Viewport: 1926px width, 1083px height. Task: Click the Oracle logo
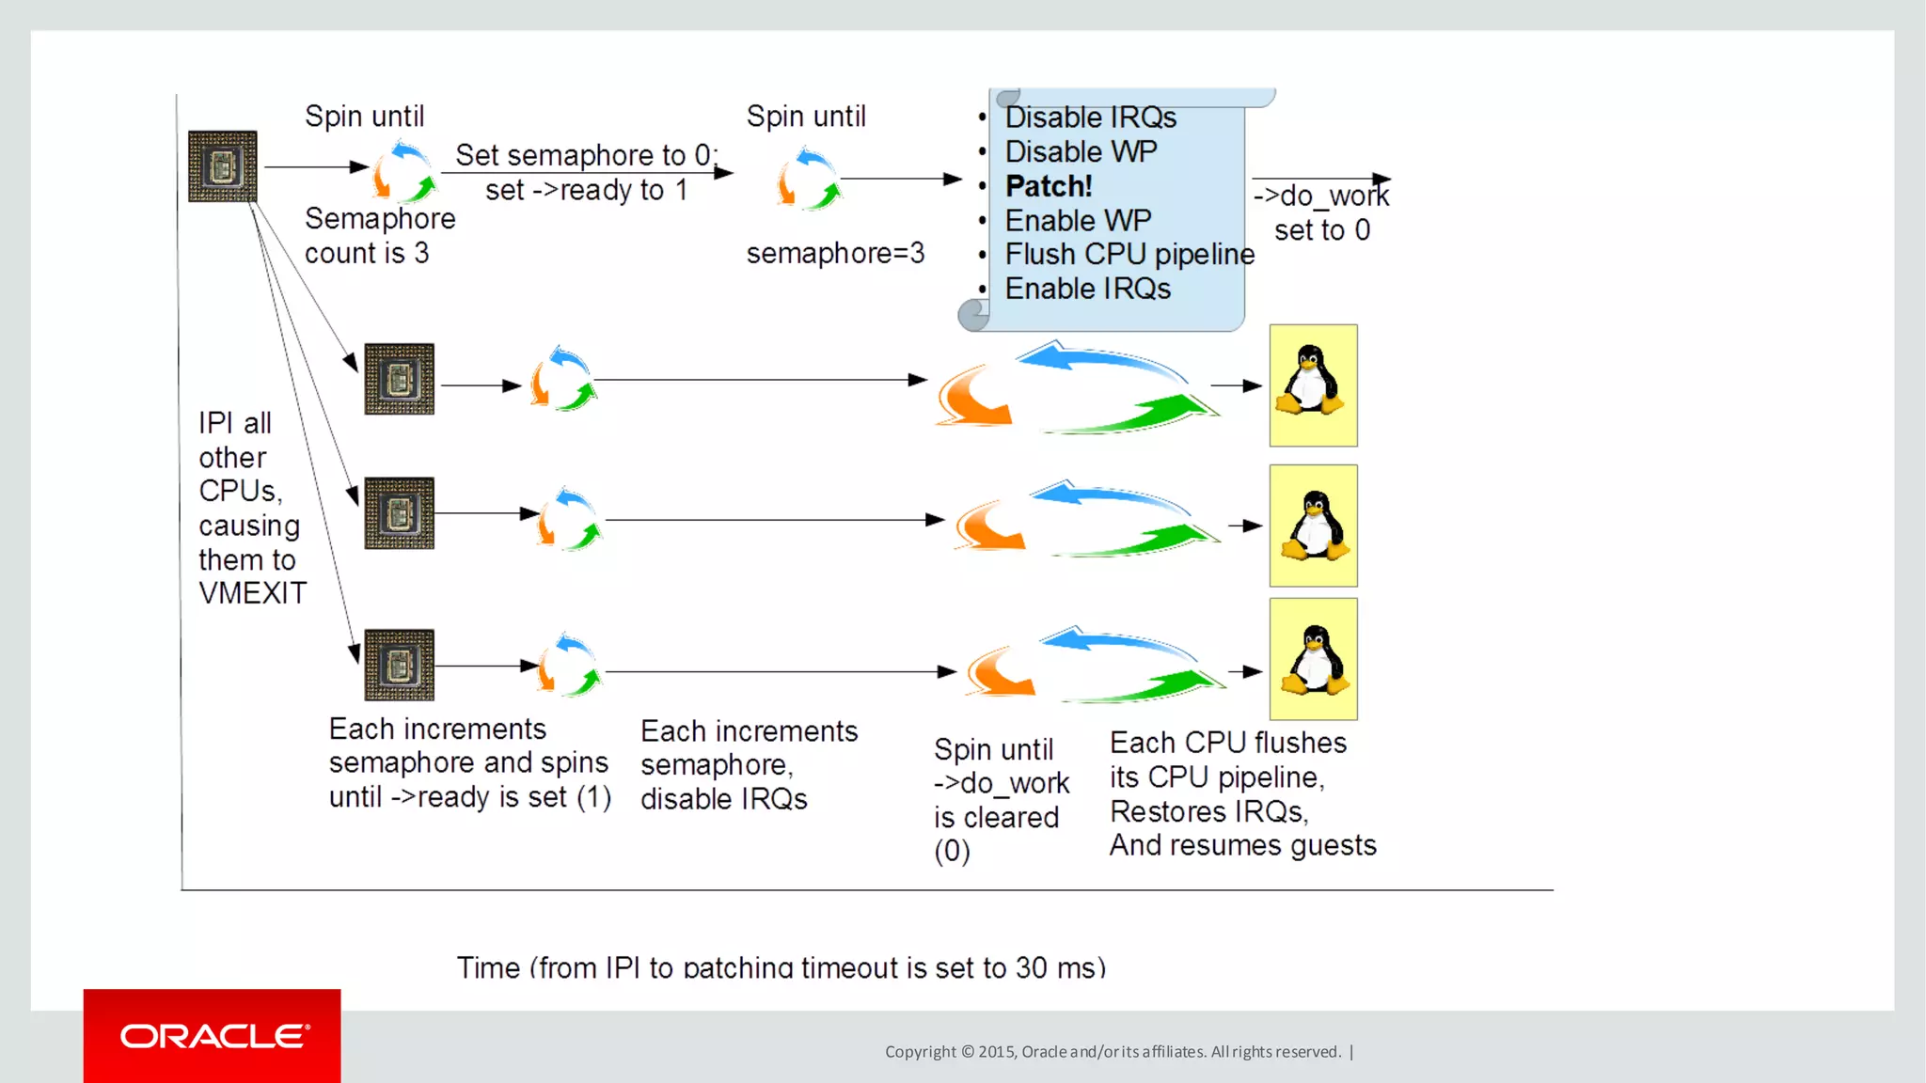[x=213, y=1035]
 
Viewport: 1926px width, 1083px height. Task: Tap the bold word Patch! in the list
[x=1049, y=186]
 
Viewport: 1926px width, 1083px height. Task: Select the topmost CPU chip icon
[x=222, y=166]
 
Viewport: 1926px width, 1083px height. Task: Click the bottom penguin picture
[x=1313, y=659]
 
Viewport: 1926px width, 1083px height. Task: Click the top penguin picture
[x=1313, y=385]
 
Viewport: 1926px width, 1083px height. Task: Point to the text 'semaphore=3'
[x=835, y=253]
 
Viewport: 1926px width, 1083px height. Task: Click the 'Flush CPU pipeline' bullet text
[x=1129, y=255]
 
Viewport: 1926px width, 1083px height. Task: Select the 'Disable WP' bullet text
[x=1081, y=151]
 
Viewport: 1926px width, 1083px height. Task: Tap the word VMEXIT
[x=252, y=593]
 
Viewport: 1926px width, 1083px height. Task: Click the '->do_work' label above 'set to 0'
[x=1320, y=196]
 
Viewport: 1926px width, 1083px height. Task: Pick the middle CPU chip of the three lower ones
[x=399, y=513]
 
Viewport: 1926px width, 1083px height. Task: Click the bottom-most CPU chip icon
[x=399, y=665]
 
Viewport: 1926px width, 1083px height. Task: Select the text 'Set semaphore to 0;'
[x=586, y=155]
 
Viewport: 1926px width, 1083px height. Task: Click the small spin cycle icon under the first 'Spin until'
[x=403, y=173]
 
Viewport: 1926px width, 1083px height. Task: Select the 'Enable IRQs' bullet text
[x=1087, y=289]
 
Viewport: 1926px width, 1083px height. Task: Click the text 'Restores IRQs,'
[x=1208, y=811]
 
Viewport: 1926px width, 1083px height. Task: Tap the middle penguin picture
[x=1313, y=526]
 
